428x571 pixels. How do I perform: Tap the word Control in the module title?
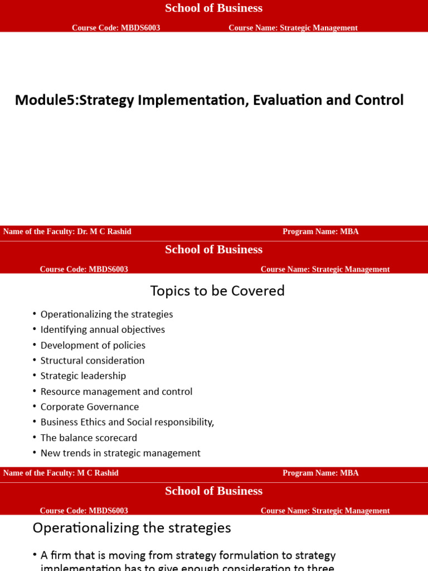pos(376,100)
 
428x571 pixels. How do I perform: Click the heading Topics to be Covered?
pos(217,291)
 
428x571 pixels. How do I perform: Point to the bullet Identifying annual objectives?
pos(103,330)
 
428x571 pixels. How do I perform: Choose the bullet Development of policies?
pos(93,345)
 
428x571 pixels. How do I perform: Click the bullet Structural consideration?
pos(93,361)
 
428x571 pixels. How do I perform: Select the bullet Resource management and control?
pos(116,391)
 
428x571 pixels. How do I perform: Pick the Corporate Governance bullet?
pos(90,407)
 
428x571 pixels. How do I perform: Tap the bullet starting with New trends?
pos(120,453)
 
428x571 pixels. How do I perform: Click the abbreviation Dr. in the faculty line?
pos(83,231)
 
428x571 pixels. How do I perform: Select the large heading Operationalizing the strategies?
pos(132,528)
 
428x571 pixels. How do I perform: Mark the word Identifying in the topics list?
pos(62,330)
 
